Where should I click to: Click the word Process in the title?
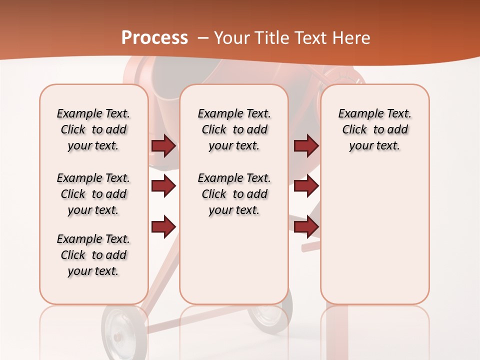click(154, 38)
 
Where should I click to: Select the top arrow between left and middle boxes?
click(163, 146)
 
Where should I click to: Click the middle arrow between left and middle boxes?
click(163, 186)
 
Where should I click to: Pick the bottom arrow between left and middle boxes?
click(163, 227)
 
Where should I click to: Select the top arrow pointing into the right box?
click(306, 146)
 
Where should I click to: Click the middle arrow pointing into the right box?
click(306, 186)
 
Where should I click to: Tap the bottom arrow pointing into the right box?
click(306, 227)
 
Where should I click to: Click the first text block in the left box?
click(93, 129)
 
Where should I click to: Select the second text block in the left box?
click(93, 194)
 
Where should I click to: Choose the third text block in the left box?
click(93, 255)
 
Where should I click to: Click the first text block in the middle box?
click(234, 129)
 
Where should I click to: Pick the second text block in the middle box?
click(234, 194)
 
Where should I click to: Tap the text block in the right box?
click(374, 129)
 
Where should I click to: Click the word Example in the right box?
click(356, 113)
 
